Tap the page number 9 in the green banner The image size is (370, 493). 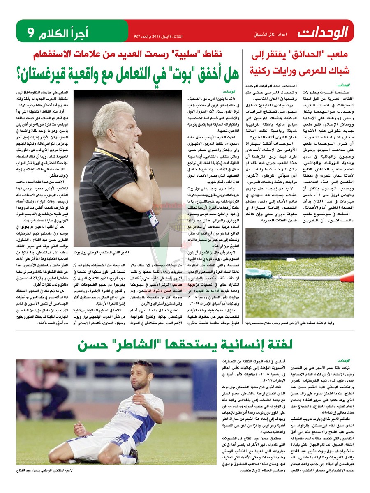31,31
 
